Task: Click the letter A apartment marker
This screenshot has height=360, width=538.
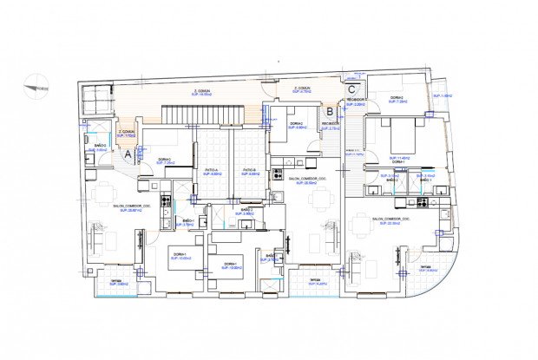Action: tap(128, 153)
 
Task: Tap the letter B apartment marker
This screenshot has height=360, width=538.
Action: tap(330, 111)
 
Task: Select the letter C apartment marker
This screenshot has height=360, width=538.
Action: tap(351, 88)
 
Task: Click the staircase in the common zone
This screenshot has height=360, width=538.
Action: tap(199, 114)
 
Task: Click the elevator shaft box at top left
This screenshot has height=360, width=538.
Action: tap(96, 99)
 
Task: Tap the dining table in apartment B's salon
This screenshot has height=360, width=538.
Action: tap(319, 200)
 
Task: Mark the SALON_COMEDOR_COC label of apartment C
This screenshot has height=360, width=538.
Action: tap(386, 221)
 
